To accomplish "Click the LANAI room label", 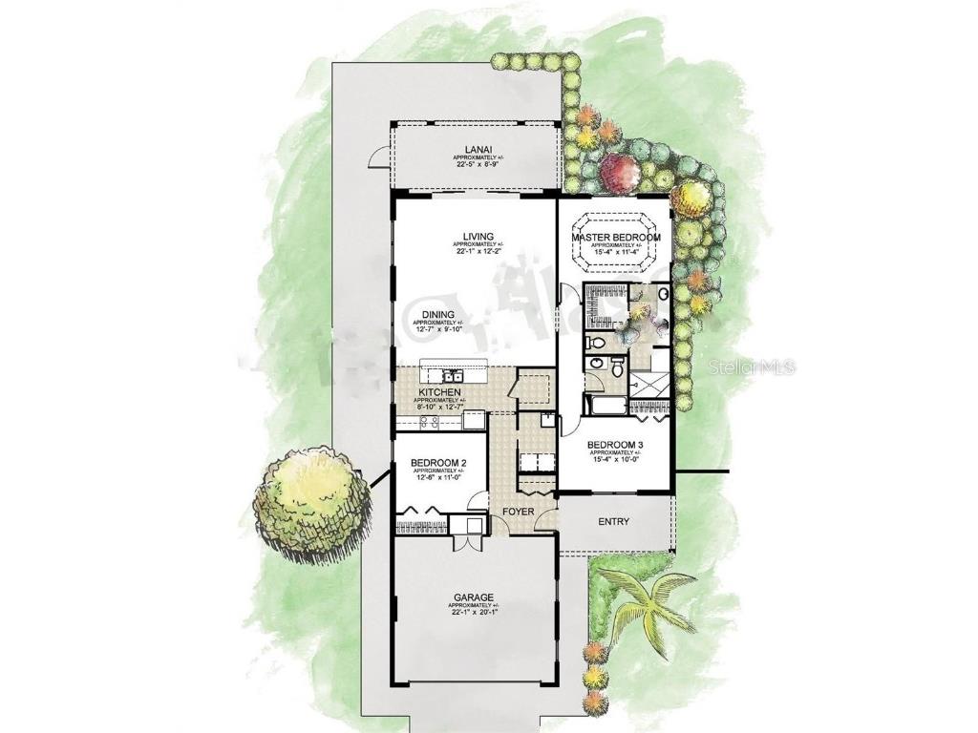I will [477, 148].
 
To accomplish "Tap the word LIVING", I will [477, 236].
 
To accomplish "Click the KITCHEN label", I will [439, 392].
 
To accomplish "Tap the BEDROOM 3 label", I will [614, 445].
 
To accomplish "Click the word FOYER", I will [519, 512].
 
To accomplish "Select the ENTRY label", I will [613, 521].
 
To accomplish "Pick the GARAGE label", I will [474, 598].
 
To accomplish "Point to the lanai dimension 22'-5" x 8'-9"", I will [477, 163].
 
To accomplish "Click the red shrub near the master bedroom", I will [620, 173].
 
